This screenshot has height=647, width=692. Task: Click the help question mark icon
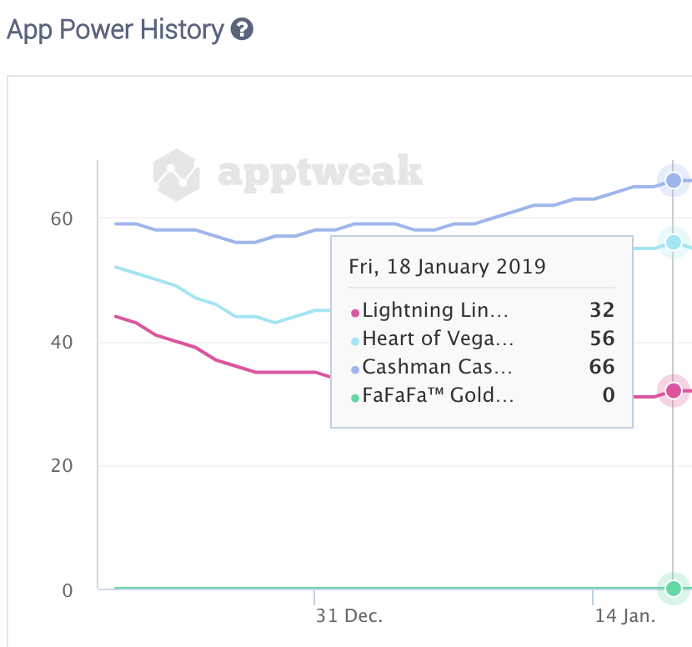[242, 31]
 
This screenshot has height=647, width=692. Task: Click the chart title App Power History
[115, 31]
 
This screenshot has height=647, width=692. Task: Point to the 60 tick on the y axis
[63, 218]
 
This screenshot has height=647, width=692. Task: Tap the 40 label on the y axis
[63, 342]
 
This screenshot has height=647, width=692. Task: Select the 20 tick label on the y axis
[63, 465]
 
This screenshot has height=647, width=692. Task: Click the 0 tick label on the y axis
[67, 589]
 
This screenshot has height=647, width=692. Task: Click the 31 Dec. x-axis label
[349, 617]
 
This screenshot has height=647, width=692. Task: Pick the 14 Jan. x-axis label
[625, 617]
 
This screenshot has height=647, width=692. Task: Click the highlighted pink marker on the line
[674, 390]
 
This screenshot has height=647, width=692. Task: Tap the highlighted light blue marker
[674, 242]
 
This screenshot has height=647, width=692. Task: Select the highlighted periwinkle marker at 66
[674, 180]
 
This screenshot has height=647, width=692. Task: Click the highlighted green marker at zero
[674, 589]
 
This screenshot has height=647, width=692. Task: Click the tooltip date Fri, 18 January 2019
[447, 267]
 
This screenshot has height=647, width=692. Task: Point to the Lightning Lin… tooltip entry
[434, 311]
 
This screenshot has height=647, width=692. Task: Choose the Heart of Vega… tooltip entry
[438, 339]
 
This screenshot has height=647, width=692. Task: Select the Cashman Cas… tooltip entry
[434, 367]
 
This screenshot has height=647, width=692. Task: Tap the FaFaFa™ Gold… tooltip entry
[438, 394]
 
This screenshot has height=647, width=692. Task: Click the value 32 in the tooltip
[602, 311]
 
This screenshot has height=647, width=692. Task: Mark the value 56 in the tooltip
[602, 339]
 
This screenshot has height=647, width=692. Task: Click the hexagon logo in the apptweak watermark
[177, 174]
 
